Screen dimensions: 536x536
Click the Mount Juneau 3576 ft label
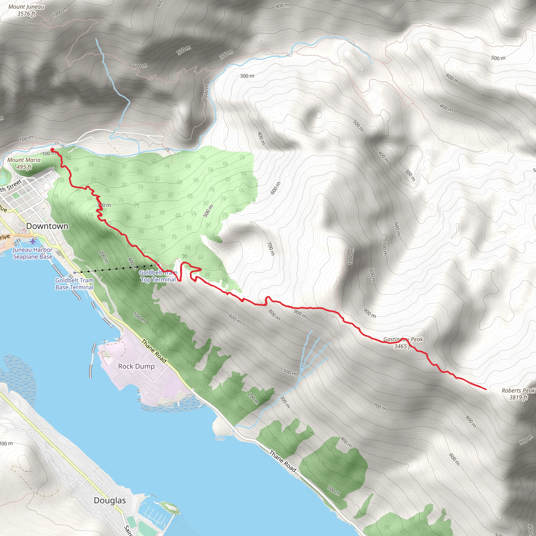point(26,10)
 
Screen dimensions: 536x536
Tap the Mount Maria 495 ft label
point(24,163)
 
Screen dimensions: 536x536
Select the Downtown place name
point(47,226)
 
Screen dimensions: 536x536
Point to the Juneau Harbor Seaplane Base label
point(33,253)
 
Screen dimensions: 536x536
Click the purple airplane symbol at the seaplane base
point(33,241)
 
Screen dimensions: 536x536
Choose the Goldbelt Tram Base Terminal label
point(74,283)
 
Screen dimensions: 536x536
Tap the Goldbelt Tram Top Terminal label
point(158,276)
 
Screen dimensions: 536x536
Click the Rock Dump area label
point(136,366)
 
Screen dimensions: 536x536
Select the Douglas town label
point(110,500)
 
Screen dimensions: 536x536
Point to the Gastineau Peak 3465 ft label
point(403,343)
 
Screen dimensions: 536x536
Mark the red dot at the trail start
point(52,150)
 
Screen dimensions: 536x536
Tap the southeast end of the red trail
point(486,389)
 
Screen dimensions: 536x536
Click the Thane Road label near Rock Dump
point(154,351)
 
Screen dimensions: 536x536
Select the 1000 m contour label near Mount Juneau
point(60,12)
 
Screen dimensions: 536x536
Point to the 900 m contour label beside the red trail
point(300,314)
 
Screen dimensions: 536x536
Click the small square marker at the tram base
point(75,273)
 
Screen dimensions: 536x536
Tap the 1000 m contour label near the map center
point(351,256)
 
